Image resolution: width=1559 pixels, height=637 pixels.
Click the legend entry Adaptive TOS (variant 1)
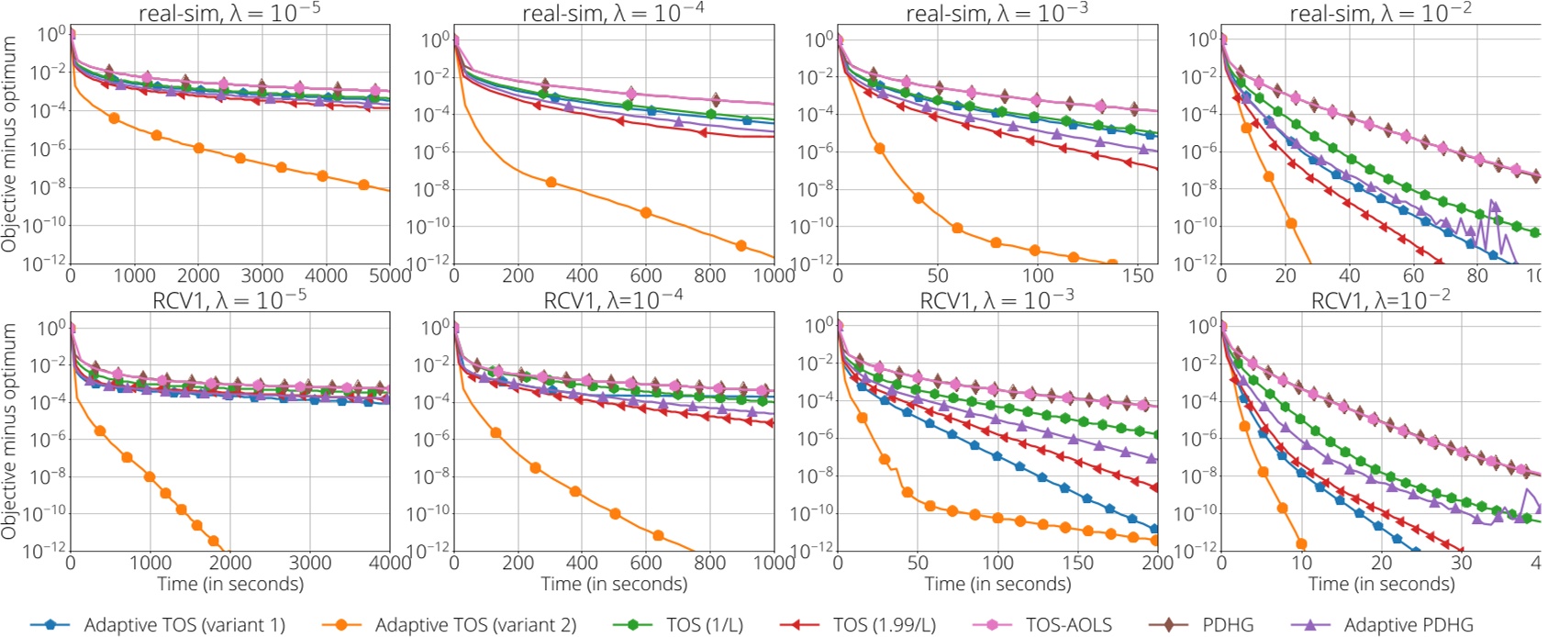(x=184, y=625)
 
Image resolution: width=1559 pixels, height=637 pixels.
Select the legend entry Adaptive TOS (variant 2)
(x=474, y=625)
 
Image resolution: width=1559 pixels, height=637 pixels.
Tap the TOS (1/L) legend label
(x=704, y=625)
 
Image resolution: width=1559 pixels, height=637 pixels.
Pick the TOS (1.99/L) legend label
(x=884, y=625)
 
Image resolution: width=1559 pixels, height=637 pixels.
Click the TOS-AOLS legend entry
(x=1068, y=625)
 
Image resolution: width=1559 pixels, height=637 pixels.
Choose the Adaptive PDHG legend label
(x=1408, y=625)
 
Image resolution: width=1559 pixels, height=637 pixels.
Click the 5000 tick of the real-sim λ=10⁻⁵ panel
(x=390, y=275)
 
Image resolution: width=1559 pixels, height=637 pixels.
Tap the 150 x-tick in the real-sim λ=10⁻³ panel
(x=1138, y=275)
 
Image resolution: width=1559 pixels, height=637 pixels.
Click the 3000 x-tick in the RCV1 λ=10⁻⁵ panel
(x=310, y=562)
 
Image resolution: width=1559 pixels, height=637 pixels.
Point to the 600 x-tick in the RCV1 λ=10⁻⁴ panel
(x=646, y=562)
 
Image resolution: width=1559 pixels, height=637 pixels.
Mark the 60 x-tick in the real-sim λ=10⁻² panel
(x=1413, y=275)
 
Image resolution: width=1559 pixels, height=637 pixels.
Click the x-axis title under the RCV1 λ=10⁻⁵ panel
(x=229, y=584)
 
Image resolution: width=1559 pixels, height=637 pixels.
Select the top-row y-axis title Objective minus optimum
(x=10, y=144)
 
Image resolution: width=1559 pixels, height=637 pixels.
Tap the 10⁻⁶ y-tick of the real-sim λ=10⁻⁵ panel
(x=47, y=149)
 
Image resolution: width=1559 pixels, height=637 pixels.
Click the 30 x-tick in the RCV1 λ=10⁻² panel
(x=1461, y=562)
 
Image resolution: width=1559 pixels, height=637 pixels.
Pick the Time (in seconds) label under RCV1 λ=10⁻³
(x=997, y=584)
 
